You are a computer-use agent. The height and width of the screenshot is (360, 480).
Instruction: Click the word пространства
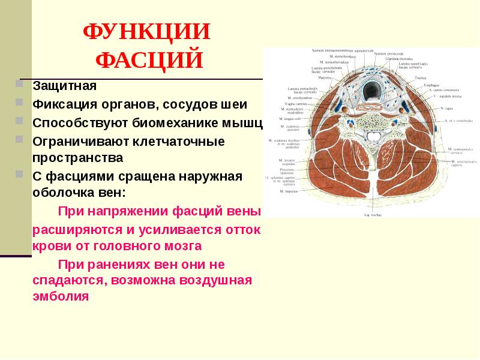pyautogui.click(x=77, y=158)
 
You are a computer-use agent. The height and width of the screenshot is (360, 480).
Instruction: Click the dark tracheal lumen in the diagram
pyautogui.click(x=371, y=90)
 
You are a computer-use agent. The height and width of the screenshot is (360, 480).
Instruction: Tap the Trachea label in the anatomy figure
pyautogui.click(x=421, y=77)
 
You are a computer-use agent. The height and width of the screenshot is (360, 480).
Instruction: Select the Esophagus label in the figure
pyautogui.click(x=431, y=85)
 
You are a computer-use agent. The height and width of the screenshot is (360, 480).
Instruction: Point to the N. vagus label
pyautogui.click(x=447, y=108)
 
